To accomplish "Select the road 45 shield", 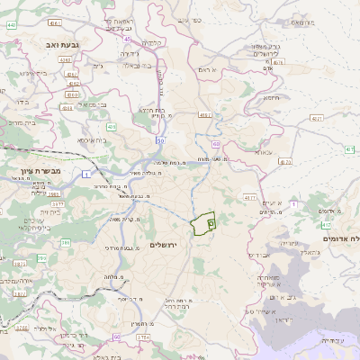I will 127,39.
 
